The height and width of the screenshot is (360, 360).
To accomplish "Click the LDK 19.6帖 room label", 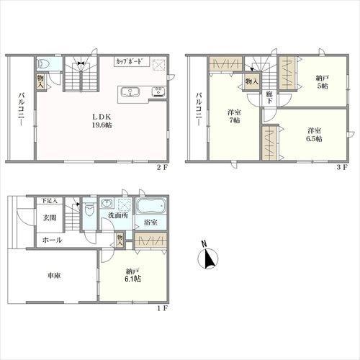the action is [x=102, y=121].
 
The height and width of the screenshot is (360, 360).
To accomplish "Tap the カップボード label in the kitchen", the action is [x=130, y=61].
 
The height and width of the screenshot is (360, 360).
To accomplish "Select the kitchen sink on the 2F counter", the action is [x=130, y=92].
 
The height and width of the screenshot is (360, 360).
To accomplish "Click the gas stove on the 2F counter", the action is [x=158, y=92].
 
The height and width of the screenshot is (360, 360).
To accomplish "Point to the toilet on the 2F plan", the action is [x=45, y=63].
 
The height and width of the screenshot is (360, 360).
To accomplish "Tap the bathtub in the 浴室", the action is [x=151, y=206].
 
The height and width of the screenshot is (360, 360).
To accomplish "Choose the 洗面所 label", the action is [x=118, y=215].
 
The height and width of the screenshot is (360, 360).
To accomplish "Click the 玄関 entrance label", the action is [x=50, y=218].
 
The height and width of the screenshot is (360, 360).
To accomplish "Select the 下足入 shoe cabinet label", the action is [x=50, y=201].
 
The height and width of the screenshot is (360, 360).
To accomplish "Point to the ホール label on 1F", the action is [x=52, y=240].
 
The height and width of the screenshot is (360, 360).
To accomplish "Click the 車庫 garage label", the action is [x=54, y=276].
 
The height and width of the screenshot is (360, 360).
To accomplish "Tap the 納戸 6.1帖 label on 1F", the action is [x=132, y=275].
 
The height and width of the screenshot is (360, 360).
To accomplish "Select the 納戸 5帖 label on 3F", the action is [x=323, y=82].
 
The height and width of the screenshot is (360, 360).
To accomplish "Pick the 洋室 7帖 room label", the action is [x=234, y=116].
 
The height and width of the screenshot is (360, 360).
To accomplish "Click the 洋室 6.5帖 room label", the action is [x=315, y=135].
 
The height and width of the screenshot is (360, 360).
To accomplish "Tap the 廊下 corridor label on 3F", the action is [x=269, y=97].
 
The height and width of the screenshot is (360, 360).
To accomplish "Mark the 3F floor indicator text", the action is [x=342, y=167].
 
